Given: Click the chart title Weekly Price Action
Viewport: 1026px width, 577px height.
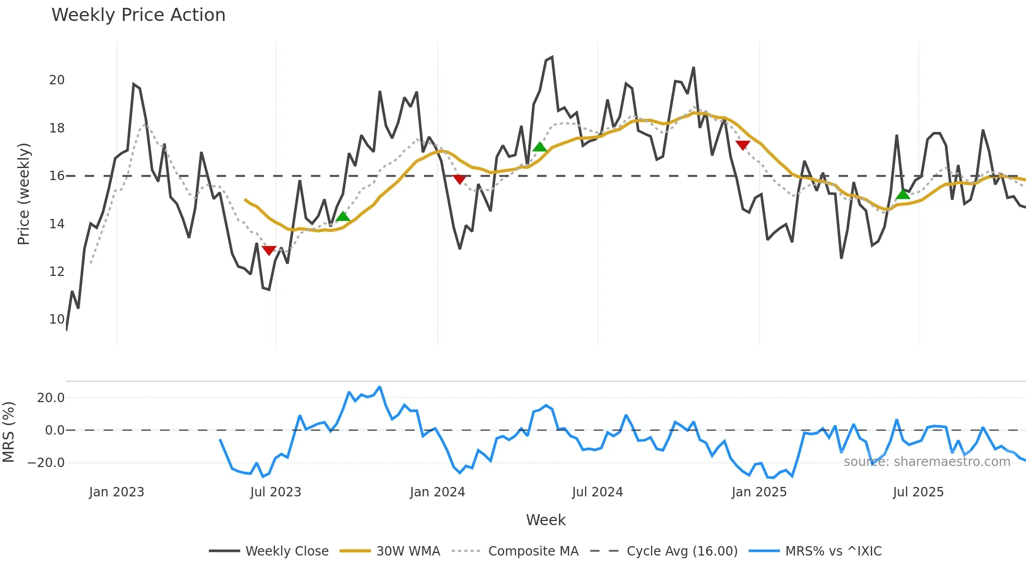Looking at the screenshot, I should [138, 15].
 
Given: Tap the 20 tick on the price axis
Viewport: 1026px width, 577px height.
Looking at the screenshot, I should [57, 80].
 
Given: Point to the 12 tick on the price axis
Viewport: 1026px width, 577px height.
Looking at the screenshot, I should [57, 272].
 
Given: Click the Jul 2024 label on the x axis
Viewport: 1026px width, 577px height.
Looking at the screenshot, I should [597, 492].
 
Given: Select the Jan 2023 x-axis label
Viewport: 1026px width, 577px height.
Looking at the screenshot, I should [116, 492].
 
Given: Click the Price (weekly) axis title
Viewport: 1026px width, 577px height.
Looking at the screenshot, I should [24, 194].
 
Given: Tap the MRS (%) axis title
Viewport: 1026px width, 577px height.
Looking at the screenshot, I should [9, 432].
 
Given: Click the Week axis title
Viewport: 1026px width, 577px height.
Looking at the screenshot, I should [545, 520].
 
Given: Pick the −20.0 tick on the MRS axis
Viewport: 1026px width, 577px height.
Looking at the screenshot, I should [46, 463].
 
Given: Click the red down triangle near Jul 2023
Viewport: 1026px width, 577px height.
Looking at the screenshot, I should [269, 251].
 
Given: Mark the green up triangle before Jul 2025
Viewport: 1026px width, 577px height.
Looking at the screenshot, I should [903, 195].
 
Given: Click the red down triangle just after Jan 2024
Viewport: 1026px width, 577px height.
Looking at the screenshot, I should [459, 180].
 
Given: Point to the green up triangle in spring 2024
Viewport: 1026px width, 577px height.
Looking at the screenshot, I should [540, 147].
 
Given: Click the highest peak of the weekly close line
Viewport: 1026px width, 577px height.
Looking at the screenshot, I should [552, 58].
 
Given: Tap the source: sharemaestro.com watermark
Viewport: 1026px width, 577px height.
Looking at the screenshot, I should [927, 462].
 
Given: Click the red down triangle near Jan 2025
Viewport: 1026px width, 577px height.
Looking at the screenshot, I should [743, 145].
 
